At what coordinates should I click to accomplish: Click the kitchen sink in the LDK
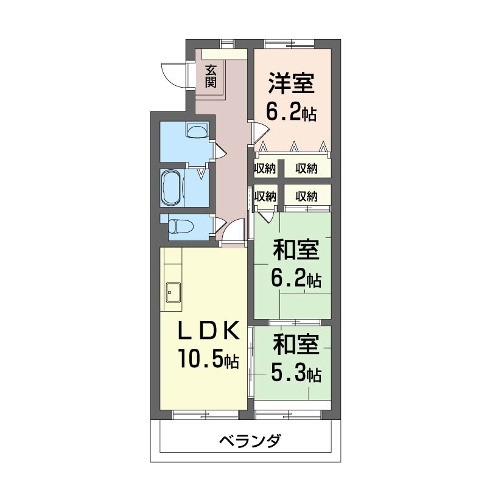(x=173, y=292)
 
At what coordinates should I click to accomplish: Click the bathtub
(x=171, y=187)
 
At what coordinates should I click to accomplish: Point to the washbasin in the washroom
(x=197, y=130)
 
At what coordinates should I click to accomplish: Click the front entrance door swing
(x=172, y=72)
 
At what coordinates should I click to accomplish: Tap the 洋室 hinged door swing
(x=260, y=131)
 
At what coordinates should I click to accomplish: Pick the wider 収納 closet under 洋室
(x=307, y=169)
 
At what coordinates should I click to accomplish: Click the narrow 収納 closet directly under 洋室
(x=265, y=169)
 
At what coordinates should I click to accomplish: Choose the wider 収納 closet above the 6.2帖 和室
(x=307, y=196)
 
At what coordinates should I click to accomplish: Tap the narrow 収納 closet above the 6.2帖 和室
(x=265, y=196)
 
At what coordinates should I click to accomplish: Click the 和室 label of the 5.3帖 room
(x=295, y=345)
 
